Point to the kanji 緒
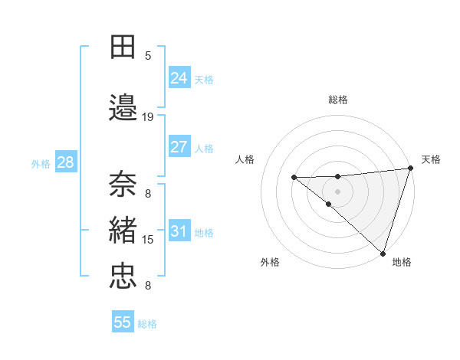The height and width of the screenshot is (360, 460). click(123, 230)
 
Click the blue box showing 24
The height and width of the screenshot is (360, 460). click(179, 77)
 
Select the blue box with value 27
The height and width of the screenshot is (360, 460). click(179, 147)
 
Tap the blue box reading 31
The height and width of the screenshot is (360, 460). click(179, 231)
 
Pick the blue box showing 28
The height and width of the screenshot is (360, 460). click(65, 162)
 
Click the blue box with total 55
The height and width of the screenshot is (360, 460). click(123, 322)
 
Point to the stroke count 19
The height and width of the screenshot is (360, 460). click(148, 117)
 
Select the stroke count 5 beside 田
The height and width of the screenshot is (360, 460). click(148, 56)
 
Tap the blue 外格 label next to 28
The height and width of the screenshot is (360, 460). click(41, 163)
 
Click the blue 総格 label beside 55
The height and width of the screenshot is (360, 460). click(147, 324)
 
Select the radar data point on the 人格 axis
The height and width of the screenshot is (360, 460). click(294, 178)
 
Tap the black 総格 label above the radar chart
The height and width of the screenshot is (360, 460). click(338, 100)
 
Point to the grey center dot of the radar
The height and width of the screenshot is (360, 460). click(338, 189)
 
